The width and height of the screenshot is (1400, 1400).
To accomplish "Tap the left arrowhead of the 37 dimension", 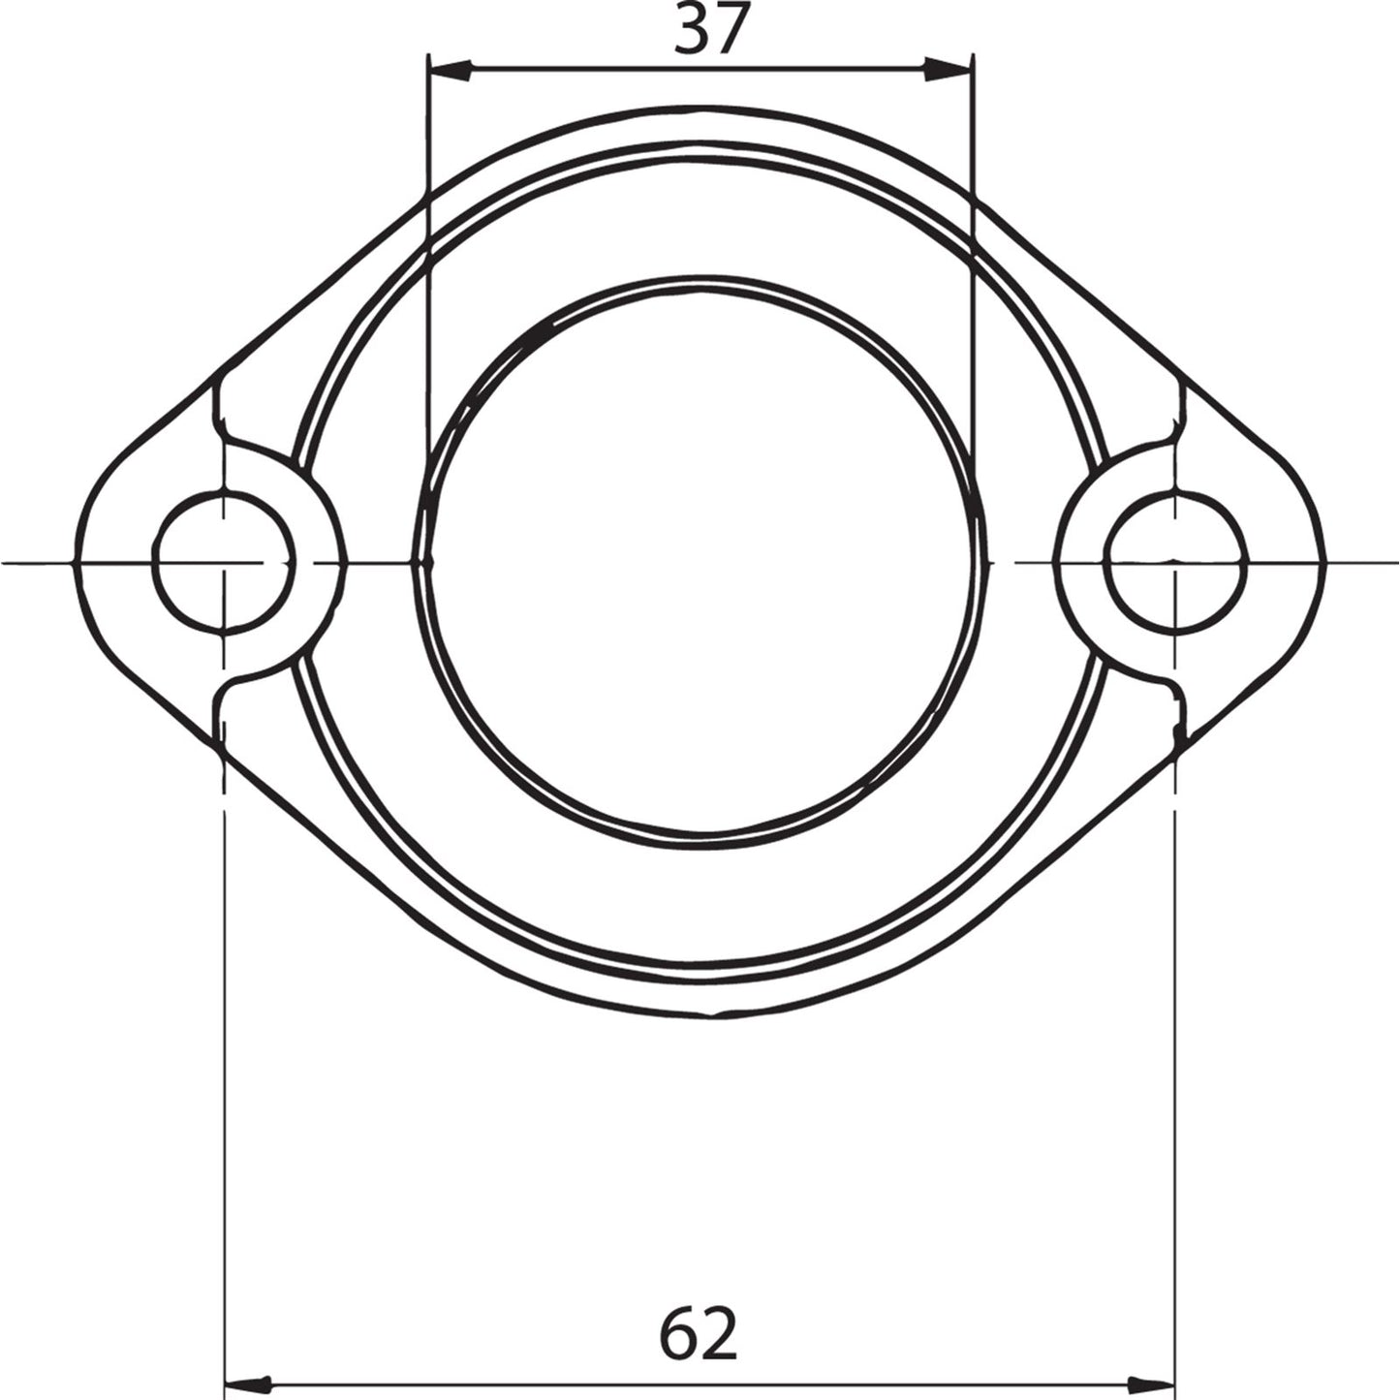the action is coord(451,71).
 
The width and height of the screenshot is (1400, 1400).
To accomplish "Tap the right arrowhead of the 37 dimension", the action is coord(949,71).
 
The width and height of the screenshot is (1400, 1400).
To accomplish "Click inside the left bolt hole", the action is coord(225,562).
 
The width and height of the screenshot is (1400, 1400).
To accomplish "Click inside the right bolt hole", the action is coord(1175,562).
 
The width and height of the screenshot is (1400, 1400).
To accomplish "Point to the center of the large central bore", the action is coord(700,562).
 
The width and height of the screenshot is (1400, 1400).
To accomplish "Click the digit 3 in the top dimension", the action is coord(691,29).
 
